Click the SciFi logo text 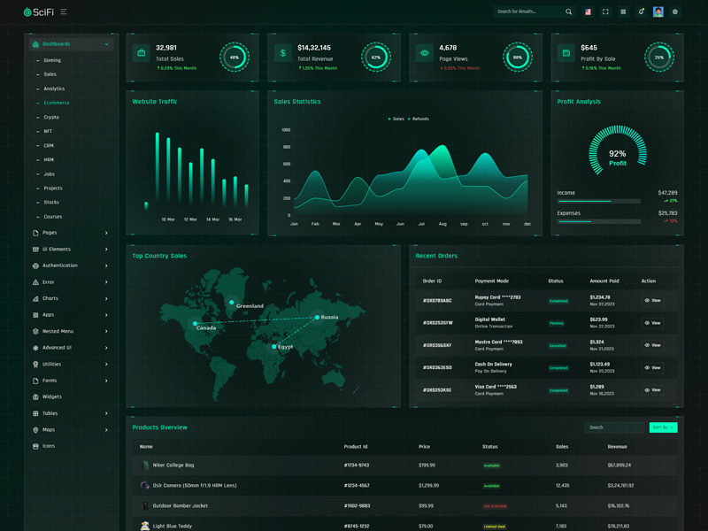(43, 12)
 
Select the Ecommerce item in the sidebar (57, 103)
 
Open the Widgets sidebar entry (52, 396)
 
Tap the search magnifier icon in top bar (568, 12)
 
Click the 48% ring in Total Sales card (235, 58)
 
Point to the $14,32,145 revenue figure (314, 48)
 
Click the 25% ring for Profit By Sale (659, 58)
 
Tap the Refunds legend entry (419, 119)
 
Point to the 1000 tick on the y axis (286, 130)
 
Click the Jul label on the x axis (421, 224)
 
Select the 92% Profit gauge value (617, 154)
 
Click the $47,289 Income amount (667, 192)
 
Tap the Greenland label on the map (250, 306)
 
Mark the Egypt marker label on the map (285, 347)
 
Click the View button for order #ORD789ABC (653, 301)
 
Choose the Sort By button (662, 427)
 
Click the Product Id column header (356, 447)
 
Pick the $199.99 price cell (427, 465)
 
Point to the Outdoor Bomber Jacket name (181, 505)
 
